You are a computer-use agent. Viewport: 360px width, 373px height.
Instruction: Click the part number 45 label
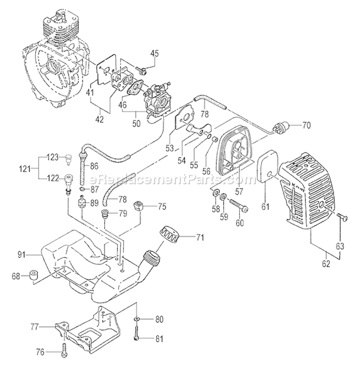click(x=154, y=53)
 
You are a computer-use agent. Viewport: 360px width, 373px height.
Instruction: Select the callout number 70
click(x=306, y=127)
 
